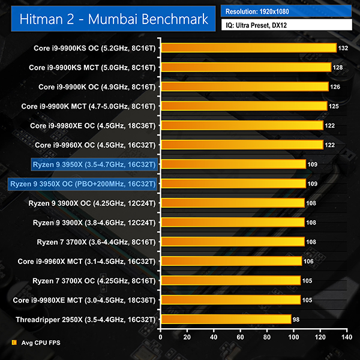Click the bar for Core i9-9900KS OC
coord(248,48)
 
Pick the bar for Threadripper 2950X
coord(226,319)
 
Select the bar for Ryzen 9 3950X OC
coord(233,184)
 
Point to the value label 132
coord(344,48)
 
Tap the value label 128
coord(338,67)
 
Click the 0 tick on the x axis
coord(160,338)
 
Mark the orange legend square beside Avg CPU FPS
coord(14,343)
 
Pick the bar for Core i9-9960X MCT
coord(231,261)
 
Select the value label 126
coord(335,87)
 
